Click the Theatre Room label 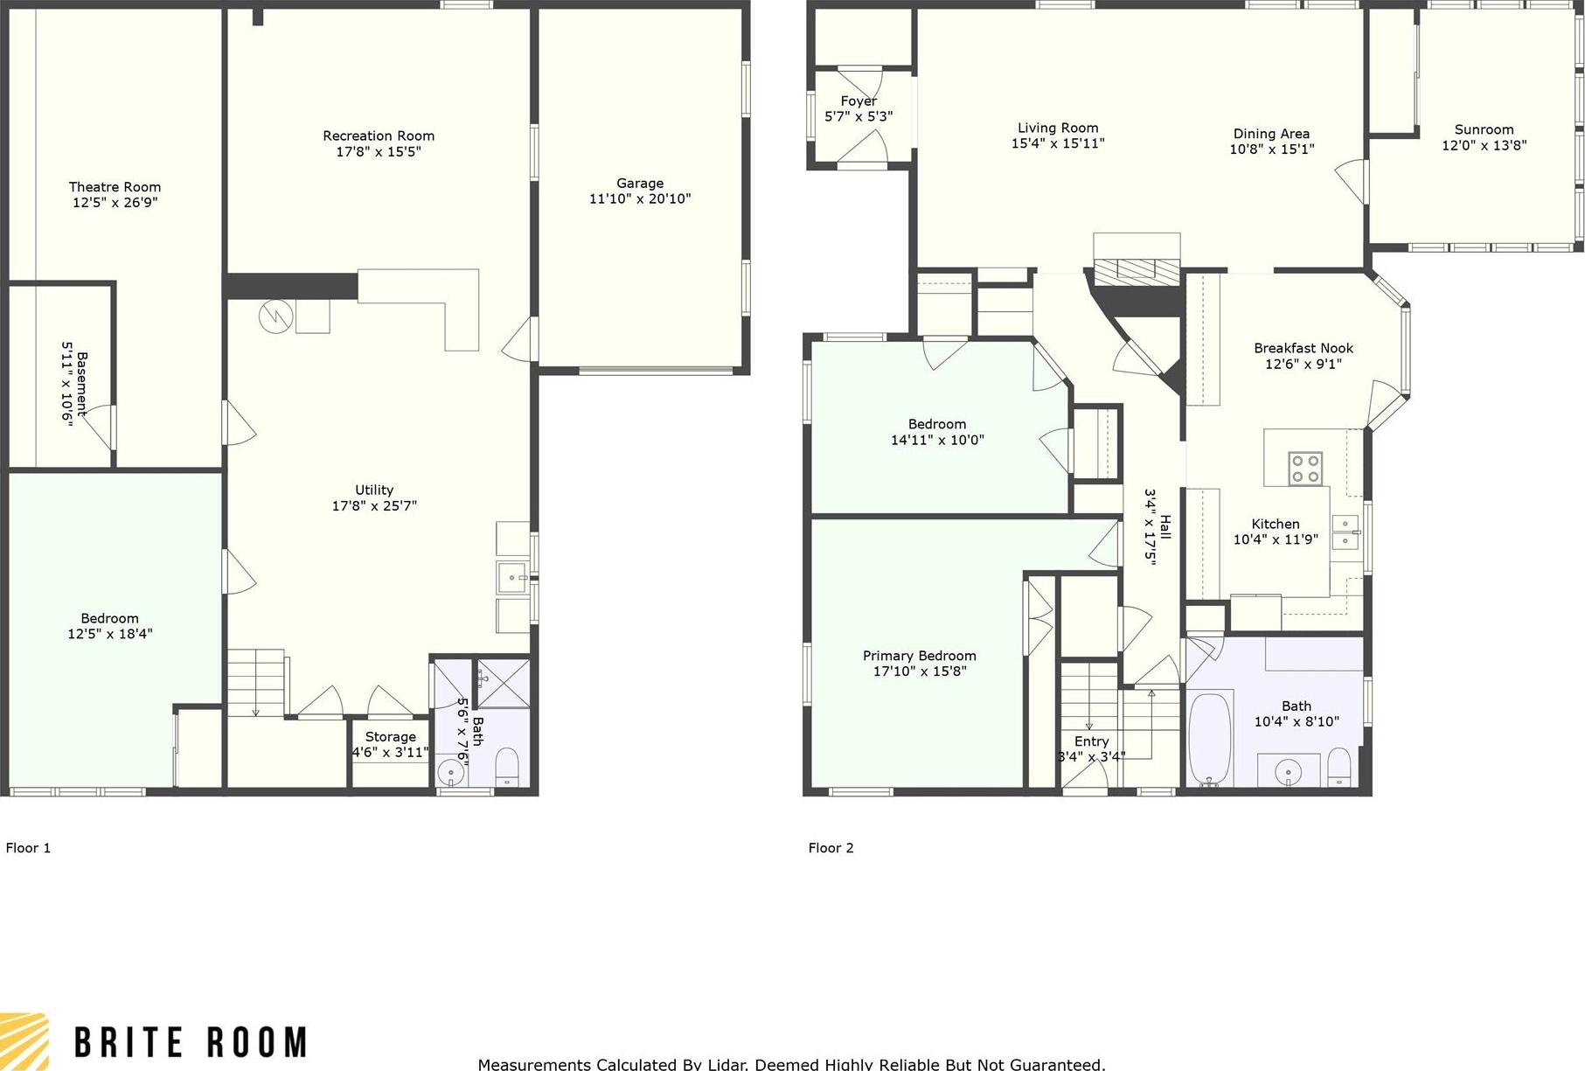[115, 186]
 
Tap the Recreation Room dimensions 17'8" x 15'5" [379, 151]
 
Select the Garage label [640, 183]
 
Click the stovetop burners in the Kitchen [1305, 468]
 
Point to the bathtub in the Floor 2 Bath [1211, 740]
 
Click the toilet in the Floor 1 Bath [508, 768]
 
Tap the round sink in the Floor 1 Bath [450, 773]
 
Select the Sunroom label [1484, 129]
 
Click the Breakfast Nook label [1303, 348]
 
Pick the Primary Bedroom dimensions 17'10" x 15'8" [920, 671]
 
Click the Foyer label [859, 101]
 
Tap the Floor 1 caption [28, 847]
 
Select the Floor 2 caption [831, 847]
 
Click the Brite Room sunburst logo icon [24, 1041]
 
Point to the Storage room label [390, 737]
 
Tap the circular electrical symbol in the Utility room [274, 316]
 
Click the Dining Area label [1271, 134]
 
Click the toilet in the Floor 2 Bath [1339, 767]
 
